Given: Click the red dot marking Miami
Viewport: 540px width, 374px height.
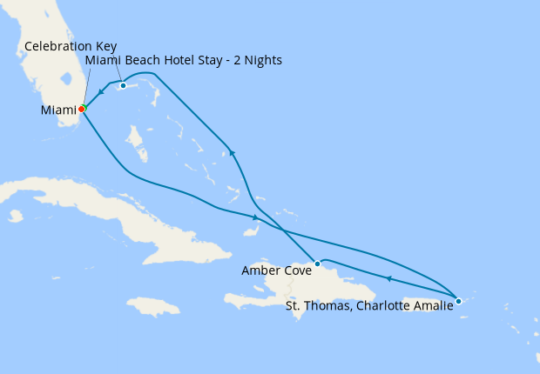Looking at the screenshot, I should point(81,110).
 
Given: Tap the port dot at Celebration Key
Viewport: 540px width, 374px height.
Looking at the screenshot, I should point(124,85).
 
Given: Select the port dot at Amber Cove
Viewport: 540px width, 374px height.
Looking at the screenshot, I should point(318,263).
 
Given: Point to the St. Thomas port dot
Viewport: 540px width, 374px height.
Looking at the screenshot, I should point(458,301).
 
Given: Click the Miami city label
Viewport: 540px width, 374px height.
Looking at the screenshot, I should point(57,110).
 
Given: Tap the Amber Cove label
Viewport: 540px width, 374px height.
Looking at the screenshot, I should point(277,270).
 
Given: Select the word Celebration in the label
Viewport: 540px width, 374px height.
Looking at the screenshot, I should point(57,45).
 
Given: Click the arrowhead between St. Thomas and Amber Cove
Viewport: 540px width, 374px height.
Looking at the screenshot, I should point(388,278).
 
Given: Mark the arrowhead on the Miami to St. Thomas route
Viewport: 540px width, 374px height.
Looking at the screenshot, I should point(254,217).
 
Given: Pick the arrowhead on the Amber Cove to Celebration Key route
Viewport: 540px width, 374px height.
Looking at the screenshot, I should point(232,154).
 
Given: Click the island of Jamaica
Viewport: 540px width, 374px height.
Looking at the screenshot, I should point(153,306).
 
